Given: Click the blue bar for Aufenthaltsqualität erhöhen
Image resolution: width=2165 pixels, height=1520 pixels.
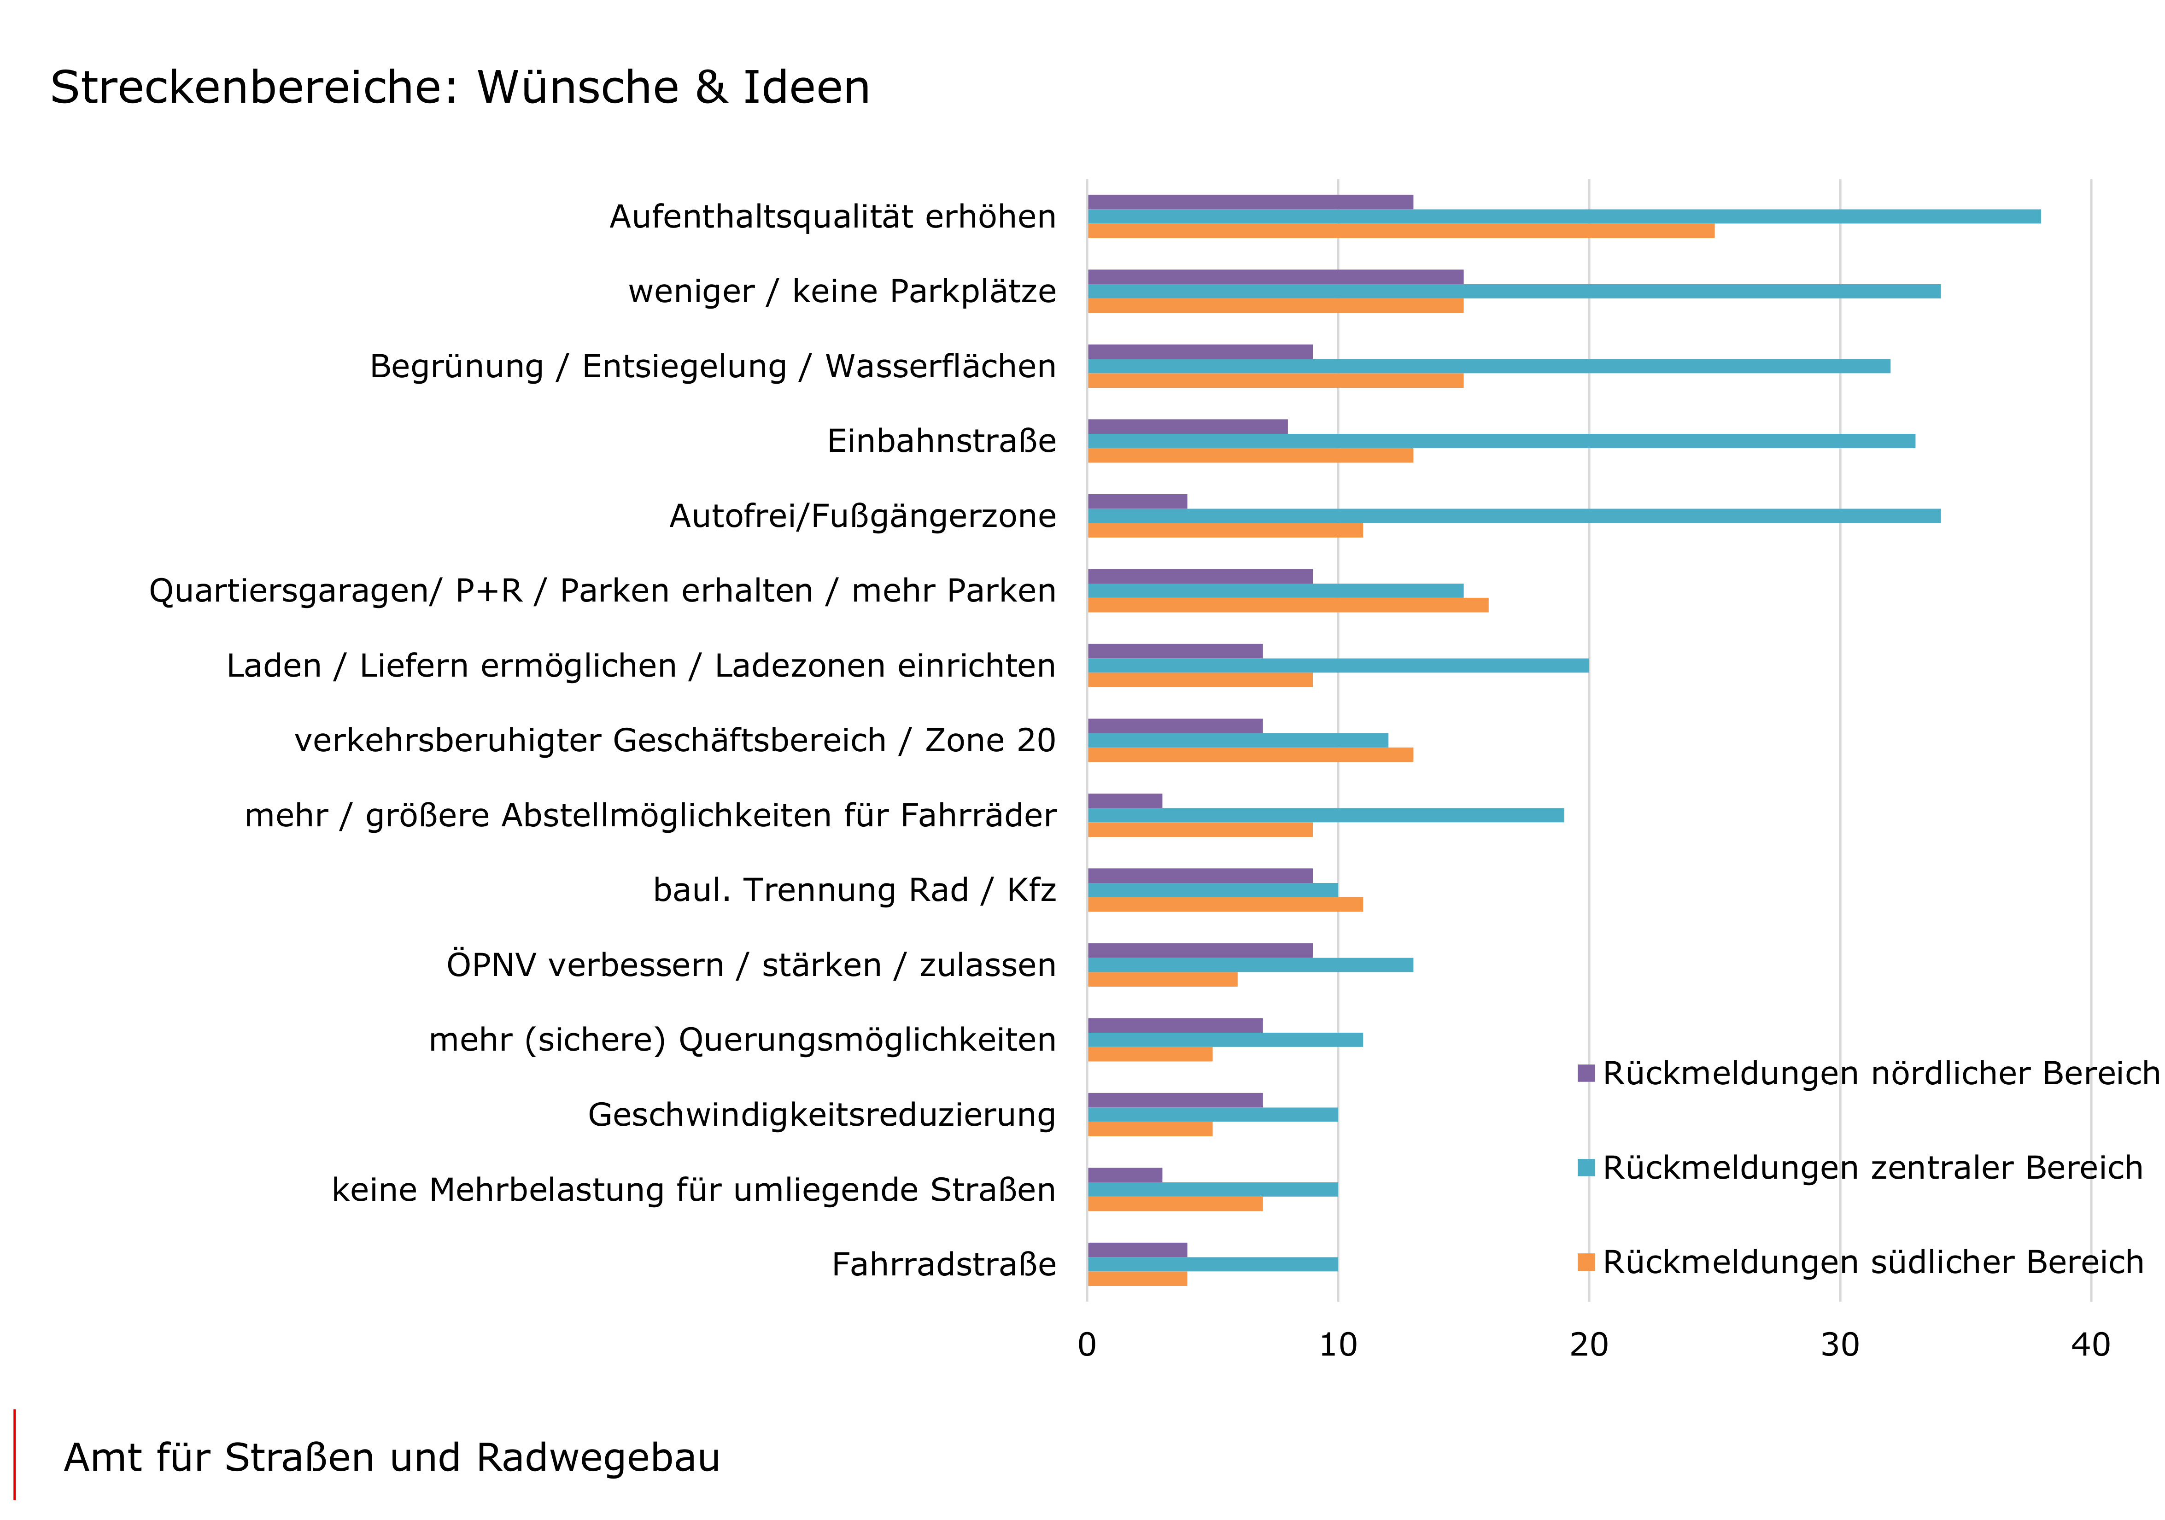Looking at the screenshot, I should point(1563,217).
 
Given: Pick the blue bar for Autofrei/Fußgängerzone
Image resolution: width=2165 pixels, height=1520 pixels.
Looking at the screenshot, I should point(1513,516).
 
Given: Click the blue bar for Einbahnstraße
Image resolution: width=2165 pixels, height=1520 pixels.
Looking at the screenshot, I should point(1501,441).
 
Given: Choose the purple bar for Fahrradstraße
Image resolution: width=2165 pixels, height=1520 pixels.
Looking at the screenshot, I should point(1137,1251).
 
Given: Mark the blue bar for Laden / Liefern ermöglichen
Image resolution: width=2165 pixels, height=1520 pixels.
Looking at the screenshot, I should point(1338,666).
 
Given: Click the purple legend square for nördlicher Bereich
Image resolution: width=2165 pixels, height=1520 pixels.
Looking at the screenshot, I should point(1586,1073).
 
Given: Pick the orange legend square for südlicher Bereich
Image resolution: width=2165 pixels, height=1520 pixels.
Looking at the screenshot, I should point(1586,1263).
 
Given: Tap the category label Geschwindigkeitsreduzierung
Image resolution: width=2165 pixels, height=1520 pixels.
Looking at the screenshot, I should point(821,1116).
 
